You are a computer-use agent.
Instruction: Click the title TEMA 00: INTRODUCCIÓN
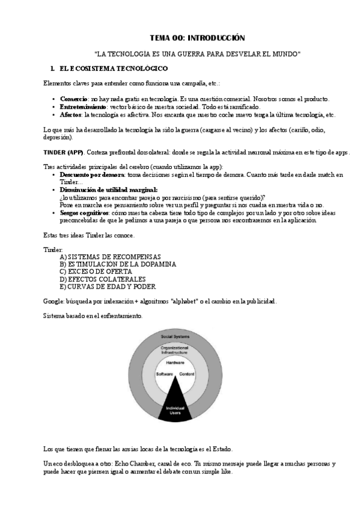(198, 37)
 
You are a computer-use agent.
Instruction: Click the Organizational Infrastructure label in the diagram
(175, 351)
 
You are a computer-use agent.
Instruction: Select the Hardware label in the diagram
(175, 363)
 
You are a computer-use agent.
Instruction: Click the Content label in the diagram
(187, 374)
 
